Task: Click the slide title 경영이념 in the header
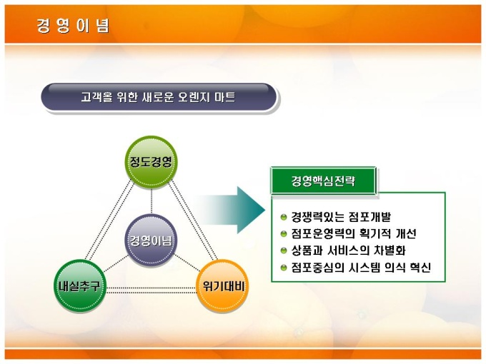(x=73, y=26)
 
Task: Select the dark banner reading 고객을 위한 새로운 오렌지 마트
(x=159, y=97)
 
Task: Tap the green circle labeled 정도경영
(x=151, y=162)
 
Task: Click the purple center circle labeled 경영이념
(x=151, y=241)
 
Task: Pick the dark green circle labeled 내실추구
(x=80, y=285)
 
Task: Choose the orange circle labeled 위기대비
(x=222, y=285)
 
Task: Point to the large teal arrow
(x=232, y=210)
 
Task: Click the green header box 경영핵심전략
(x=323, y=181)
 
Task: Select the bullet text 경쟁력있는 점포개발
(x=341, y=217)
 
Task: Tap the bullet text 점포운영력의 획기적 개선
(x=353, y=233)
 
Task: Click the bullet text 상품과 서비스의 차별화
(x=348, y=250)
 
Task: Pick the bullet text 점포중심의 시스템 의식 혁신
(x=361, y=267)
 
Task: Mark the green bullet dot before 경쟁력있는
(x=284, y=217)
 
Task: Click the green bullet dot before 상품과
(x=284, y=251)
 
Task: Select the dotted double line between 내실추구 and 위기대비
(x=152, y=290)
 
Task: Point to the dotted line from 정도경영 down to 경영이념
(x=152, y=201)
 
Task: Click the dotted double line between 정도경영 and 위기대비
(x=193, y=221)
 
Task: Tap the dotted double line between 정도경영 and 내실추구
(x=109, y=221)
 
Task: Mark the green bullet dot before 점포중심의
(x=284, y=268)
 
